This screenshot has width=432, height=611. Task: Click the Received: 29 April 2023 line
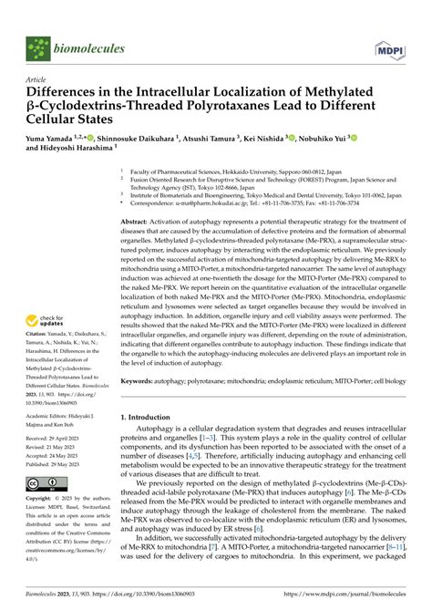pos(63,438)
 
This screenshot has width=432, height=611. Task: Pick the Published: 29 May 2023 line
pos(63,464)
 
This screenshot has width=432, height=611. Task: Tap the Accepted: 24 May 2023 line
pos(62,455)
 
